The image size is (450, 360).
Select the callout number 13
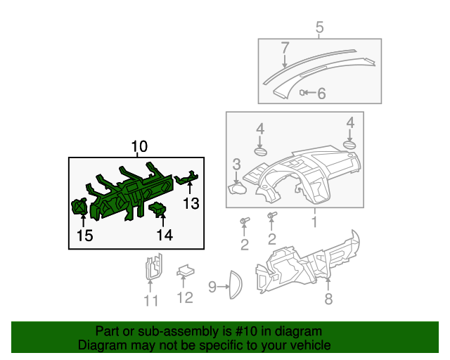(191, 204)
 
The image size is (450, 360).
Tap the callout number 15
(84, 236)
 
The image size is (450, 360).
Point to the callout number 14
(165, 236)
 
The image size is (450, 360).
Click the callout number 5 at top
(319, 28)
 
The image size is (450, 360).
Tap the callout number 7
(285, 49)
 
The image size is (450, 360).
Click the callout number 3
(237, 165)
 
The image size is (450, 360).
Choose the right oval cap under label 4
(349, 146)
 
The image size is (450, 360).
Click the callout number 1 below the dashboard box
(314, 222)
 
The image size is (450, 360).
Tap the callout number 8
(328, 300)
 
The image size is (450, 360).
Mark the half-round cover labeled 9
(233, 286)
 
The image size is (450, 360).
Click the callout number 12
(184, 298)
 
